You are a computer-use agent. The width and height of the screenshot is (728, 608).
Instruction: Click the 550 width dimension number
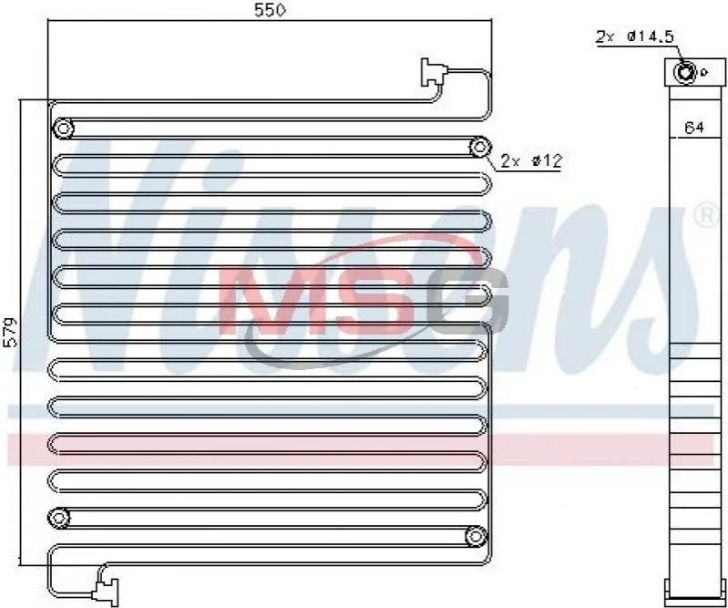click(270, 10)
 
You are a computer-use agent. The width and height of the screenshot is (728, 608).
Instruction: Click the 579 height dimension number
click(10, 332)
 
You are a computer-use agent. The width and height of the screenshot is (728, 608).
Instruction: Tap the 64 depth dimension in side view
click(694, 128)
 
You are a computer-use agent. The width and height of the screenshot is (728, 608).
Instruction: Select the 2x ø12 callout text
click(531, 160)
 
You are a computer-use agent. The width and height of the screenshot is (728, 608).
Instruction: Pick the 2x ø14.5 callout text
click(635, 36)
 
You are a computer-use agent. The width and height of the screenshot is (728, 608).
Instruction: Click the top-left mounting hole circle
click(63, 129)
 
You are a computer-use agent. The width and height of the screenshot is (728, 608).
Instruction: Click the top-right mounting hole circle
click(479, 148)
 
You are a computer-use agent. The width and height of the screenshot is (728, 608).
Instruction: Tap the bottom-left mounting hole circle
click(59, 518)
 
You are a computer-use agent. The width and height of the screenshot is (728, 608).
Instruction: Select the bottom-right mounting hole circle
click(476, 537)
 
